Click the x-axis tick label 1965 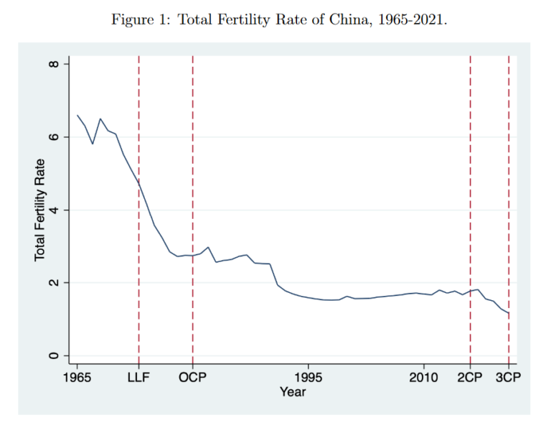click(77, 378)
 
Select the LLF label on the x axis click(138, 378)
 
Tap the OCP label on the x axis click(192, 378)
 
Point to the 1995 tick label click(309, 378)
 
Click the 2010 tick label click(423, 378)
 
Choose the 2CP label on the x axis click(470, 378)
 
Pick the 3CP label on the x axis click(508, 378)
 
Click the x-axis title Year click(293, 392)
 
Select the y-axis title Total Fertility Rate click(40, 210)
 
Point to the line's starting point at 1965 click(77, 115)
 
